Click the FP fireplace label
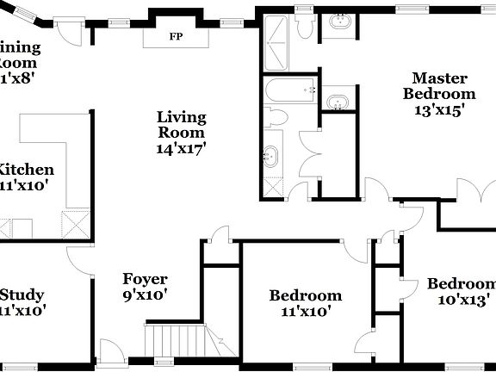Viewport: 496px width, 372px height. (x=176, y=37)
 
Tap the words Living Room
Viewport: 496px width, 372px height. (x=181, y=124)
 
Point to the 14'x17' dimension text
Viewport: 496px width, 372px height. (x=181, y=148)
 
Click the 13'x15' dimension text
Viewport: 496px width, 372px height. (x=439, y=109)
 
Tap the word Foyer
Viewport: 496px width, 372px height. (x=145, y=279)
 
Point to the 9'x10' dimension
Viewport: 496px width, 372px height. (x=145, y=294)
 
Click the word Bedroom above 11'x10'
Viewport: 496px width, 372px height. (x=306, y=295)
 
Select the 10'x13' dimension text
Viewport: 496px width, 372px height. (x=464, y=300)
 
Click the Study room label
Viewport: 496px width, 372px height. (x=22, y=294)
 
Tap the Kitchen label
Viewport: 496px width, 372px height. (x=27, y=170)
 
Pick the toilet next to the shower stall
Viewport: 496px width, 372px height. (x=304, y=27)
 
